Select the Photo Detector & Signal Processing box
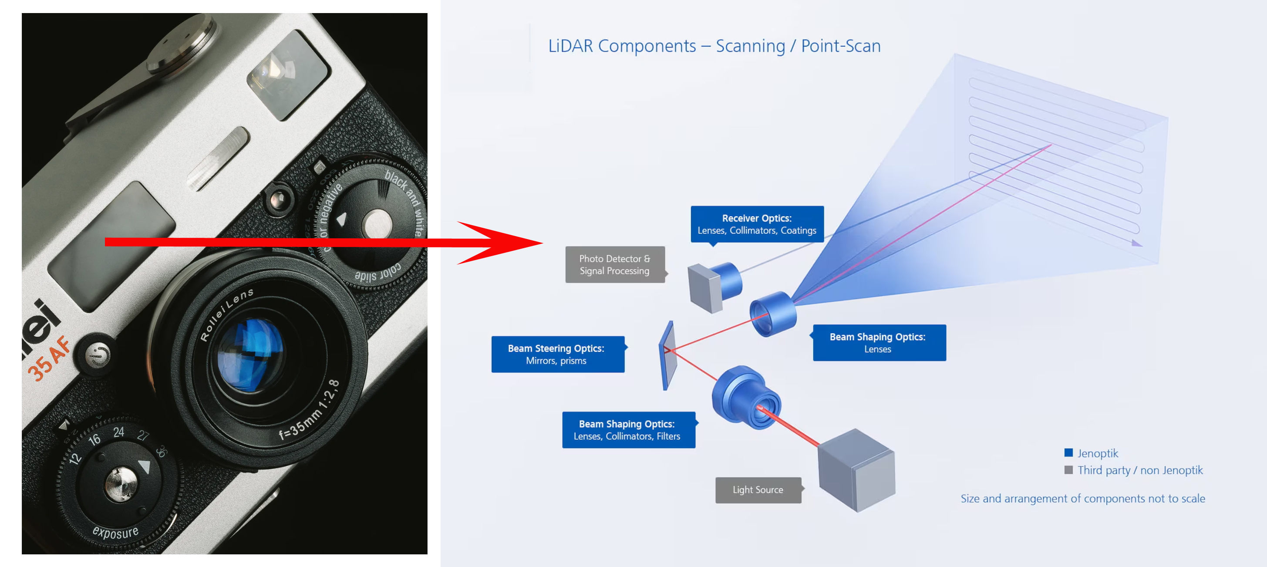coord(614,265)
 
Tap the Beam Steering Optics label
coord(557,354)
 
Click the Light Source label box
coord(758,490)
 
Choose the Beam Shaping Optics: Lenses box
coord(879,343)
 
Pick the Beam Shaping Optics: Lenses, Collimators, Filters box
coord(628,430)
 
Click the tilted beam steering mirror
coord(668,355)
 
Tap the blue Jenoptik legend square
coord(1068,453)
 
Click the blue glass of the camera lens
coord(251,354)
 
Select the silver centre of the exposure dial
coord(121,484)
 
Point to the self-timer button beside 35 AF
coord(98,355)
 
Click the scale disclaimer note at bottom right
coord(1082,499)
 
